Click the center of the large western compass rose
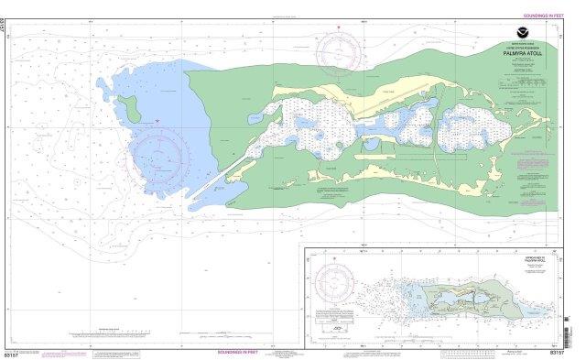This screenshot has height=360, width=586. [x=157, y=156]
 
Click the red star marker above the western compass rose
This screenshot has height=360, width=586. [x=157, y=121]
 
